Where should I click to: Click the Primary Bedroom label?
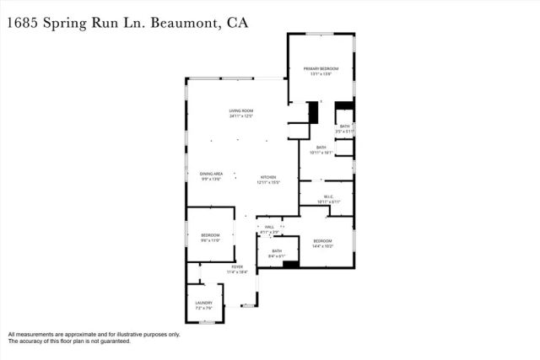tap(321, 68)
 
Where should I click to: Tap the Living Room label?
tap(240, 111)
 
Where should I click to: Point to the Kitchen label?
tap(267, 177)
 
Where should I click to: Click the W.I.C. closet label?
tap(328, 196)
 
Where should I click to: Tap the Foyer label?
tap(237, 267)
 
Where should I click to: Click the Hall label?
tap(269, 227)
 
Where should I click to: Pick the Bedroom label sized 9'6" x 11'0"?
tap(210, 235)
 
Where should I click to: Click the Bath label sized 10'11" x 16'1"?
tap(321, 148)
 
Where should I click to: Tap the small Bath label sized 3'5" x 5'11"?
tap(344, 126)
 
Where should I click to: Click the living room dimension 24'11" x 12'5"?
tap(240, 116)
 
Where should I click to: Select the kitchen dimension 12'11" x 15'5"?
tap(267, 182)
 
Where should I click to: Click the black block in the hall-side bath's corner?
tap(290, 264)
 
